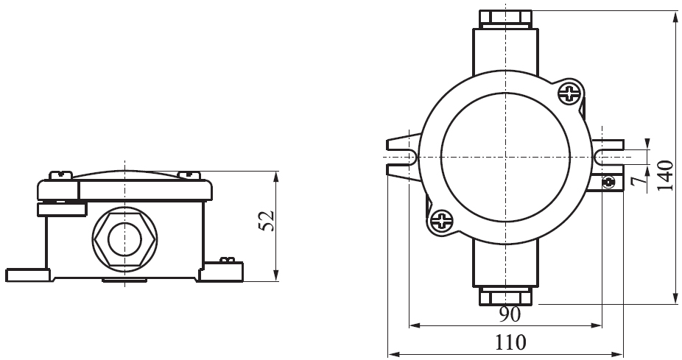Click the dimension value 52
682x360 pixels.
[267, 221]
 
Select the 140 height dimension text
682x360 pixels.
[665, 175]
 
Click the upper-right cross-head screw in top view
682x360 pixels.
[570, 93]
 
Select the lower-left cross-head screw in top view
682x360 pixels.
[440, 219]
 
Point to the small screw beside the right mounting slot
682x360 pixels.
[608, 183]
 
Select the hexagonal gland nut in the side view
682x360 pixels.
[124, 239]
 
